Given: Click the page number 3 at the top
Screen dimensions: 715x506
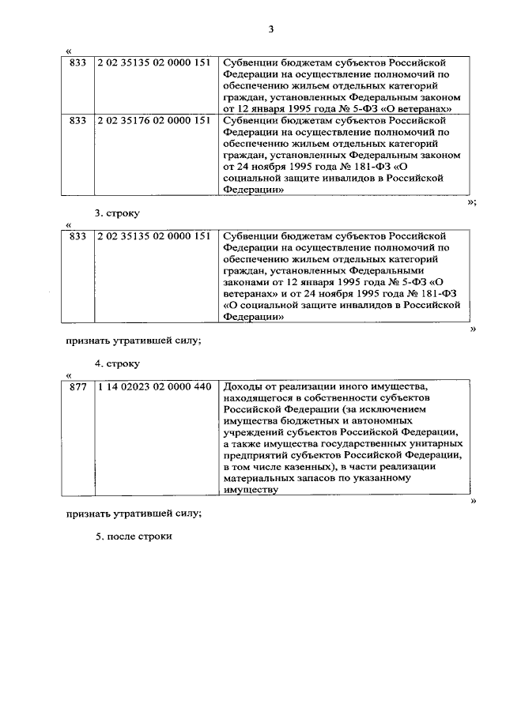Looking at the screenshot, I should tap(270, 30).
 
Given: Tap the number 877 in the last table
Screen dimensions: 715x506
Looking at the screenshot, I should tap(77, 386).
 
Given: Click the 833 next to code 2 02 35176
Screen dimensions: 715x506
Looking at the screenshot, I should tap(77, 121).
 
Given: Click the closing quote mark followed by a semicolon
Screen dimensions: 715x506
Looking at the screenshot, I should tap(471, 202).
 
